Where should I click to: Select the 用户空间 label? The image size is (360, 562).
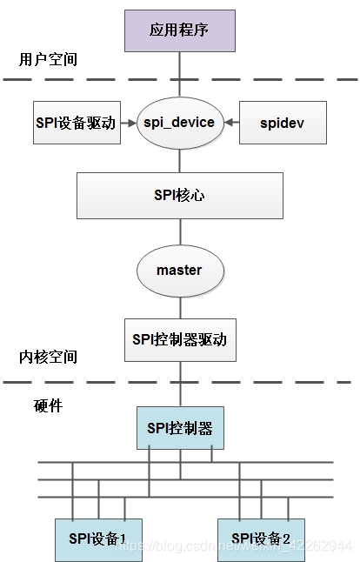click(48, 60)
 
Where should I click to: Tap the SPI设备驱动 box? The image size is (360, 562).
click(75, 124)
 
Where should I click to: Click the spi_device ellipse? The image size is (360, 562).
click(179, 123)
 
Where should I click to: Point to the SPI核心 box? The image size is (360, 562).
click(180, 196)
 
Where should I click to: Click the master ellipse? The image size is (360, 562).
click(179, 270)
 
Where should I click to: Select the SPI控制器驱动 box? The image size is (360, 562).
click(180, 340)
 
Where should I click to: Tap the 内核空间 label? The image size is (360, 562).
click(48, 357)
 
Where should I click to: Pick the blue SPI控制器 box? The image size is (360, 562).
click(180, 428)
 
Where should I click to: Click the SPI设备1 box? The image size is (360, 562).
click(99, 537)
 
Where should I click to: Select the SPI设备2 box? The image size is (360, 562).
click(261, 537)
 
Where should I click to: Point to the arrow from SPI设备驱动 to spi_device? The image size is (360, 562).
click(129, 124)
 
